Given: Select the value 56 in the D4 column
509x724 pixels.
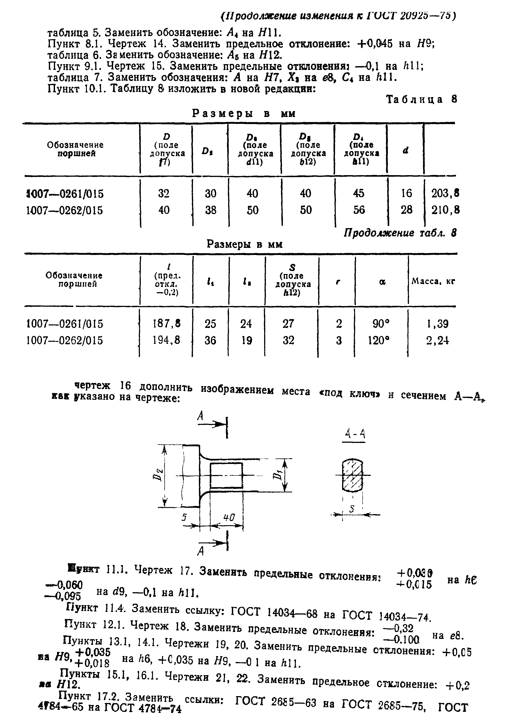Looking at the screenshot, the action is coord(359,210).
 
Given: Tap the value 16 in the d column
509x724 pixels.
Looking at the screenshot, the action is coord(406,193).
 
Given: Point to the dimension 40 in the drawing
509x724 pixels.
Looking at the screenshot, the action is coord(229,517).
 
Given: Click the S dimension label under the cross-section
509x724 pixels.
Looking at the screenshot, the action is coord(352,509).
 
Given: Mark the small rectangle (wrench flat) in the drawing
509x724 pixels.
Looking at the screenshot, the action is coord(226,475).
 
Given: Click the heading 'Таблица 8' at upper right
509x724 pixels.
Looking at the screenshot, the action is coord(421,100).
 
